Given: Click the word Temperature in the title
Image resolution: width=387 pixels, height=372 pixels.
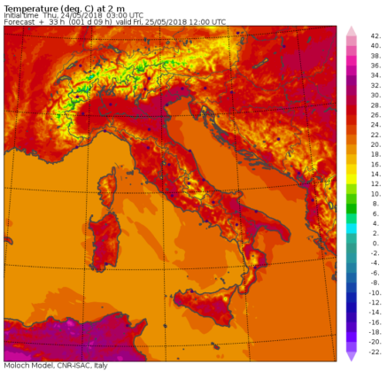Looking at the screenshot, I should click(x=29, y=7).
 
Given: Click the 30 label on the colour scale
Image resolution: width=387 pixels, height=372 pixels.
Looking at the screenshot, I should click(x=375, y=94).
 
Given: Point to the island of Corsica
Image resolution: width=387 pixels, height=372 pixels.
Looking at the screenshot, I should click(x=109, y=188).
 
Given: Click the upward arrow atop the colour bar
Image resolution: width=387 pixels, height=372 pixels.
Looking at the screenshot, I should click(x=351, y=32).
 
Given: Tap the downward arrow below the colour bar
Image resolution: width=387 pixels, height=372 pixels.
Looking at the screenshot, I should click(x=351, y=355).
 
